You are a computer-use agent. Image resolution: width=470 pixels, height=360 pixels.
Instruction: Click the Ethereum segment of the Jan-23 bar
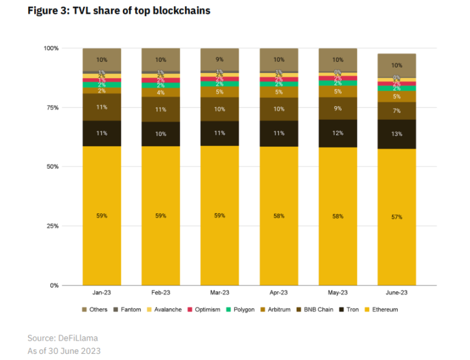102,216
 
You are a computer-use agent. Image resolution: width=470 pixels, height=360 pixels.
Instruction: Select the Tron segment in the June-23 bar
396,134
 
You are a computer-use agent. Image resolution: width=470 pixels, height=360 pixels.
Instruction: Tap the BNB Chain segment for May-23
338,108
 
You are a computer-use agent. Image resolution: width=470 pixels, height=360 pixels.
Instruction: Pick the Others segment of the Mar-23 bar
219,59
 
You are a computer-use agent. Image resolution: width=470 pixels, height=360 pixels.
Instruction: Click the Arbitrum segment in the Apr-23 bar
279,92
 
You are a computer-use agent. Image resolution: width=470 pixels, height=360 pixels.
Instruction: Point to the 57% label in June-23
396,217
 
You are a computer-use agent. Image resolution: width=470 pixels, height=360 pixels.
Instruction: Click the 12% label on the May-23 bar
338,133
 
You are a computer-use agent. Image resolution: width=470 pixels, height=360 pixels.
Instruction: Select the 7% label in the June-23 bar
396,110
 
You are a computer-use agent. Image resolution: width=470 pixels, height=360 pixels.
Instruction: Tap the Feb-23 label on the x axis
160,293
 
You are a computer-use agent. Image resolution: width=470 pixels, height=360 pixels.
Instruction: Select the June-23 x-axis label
396,293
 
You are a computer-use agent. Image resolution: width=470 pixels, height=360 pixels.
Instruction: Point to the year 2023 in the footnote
89,351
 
